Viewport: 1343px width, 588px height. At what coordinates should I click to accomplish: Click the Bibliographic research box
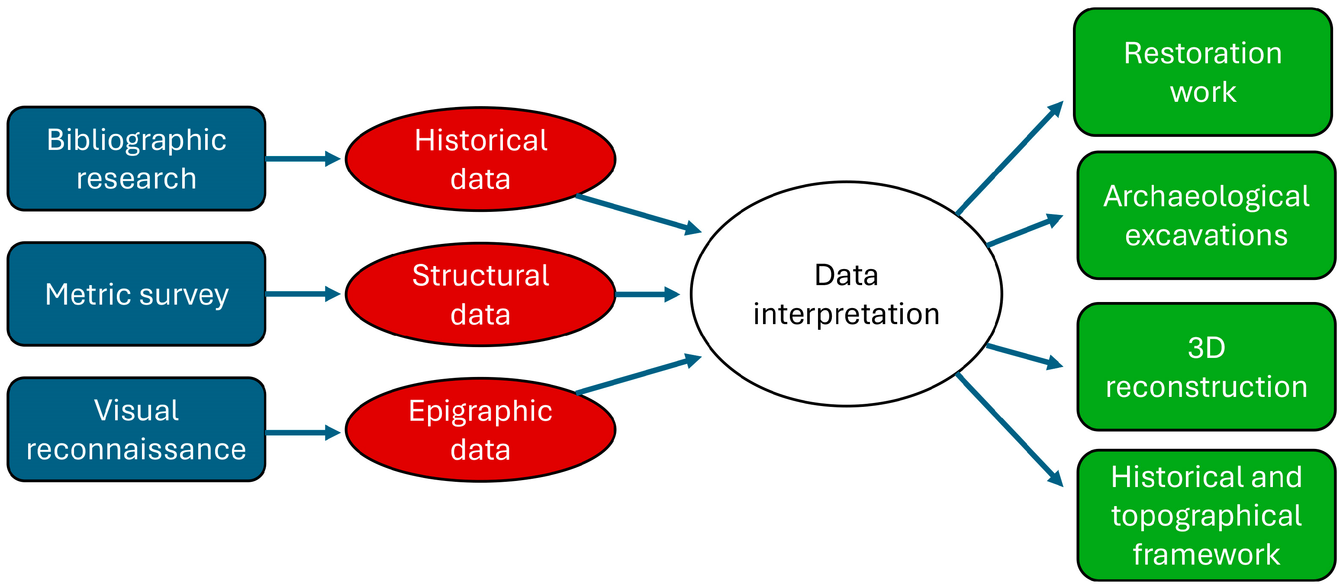[x=136, y=159]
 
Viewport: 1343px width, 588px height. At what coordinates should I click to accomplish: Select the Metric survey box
[x=136, y=294]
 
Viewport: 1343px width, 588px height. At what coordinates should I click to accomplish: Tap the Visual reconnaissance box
[x=136, y=429]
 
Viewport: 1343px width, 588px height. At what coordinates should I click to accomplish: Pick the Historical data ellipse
[x=480, y=159]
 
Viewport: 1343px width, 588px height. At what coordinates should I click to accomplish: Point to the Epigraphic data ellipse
[x=480, y=429]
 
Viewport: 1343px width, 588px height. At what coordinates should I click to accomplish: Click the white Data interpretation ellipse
[x=846, y=294]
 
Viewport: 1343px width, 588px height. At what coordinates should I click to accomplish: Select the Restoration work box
[x=1203, y=72]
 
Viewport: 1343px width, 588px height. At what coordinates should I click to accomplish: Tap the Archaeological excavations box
[x=1206, y=215]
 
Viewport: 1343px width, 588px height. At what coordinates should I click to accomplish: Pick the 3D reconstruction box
[x=1206, y=366]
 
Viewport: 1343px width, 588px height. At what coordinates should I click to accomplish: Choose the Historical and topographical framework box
[x=1206, y=514]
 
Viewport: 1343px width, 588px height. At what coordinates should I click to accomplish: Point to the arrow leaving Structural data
[x=647, y=294]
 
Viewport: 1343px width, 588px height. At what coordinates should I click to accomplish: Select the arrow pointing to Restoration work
[x=1009, y=158]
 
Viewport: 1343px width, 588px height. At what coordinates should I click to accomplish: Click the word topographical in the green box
[x=1206, y=516]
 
